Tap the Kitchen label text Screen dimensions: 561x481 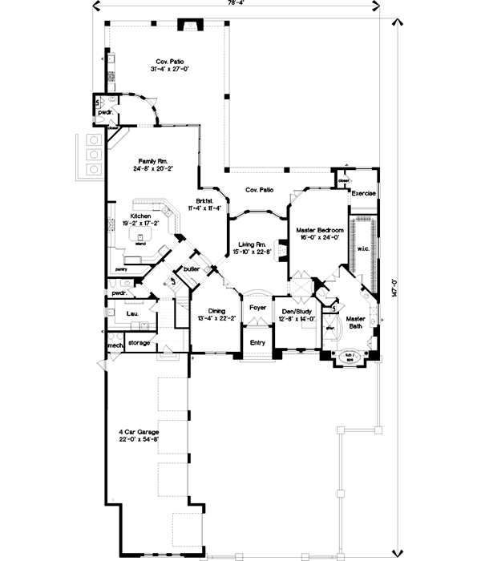tap(141, 216)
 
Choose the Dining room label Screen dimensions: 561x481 tap(216, 311)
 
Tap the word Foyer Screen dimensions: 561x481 tap(257, 307)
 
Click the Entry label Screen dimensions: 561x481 tap(257, 342)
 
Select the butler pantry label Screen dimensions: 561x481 tap(191, 268)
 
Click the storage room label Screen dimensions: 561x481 tap(139, 343)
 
